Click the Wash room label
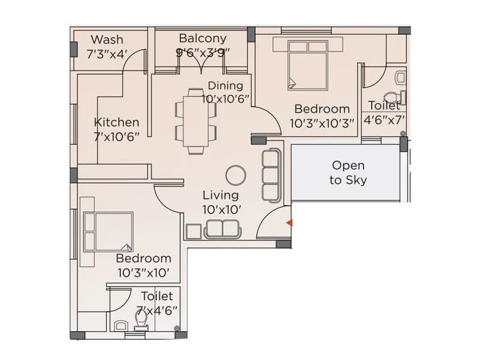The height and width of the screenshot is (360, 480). (107, 40)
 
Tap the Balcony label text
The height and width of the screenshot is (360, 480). (202, 38)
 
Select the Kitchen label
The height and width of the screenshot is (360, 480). (116, 122)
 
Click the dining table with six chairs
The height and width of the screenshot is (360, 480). (196, 121)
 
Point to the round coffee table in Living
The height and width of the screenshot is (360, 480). (236, 175)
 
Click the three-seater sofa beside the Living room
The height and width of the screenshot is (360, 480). (271, 175)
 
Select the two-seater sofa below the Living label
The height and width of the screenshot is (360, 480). (222, 229)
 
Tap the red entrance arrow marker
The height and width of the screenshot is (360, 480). (289, 223)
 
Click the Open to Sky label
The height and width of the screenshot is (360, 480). (348, 172)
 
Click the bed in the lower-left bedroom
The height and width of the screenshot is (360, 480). (108, 232)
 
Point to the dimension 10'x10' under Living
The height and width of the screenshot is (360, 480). (221, 209)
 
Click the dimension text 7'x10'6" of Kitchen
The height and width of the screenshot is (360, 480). (116, 136)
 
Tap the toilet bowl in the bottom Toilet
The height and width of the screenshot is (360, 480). (142, 325)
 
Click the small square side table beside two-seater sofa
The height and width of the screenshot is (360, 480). (193, 232)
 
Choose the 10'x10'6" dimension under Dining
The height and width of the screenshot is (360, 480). (226, 99)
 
